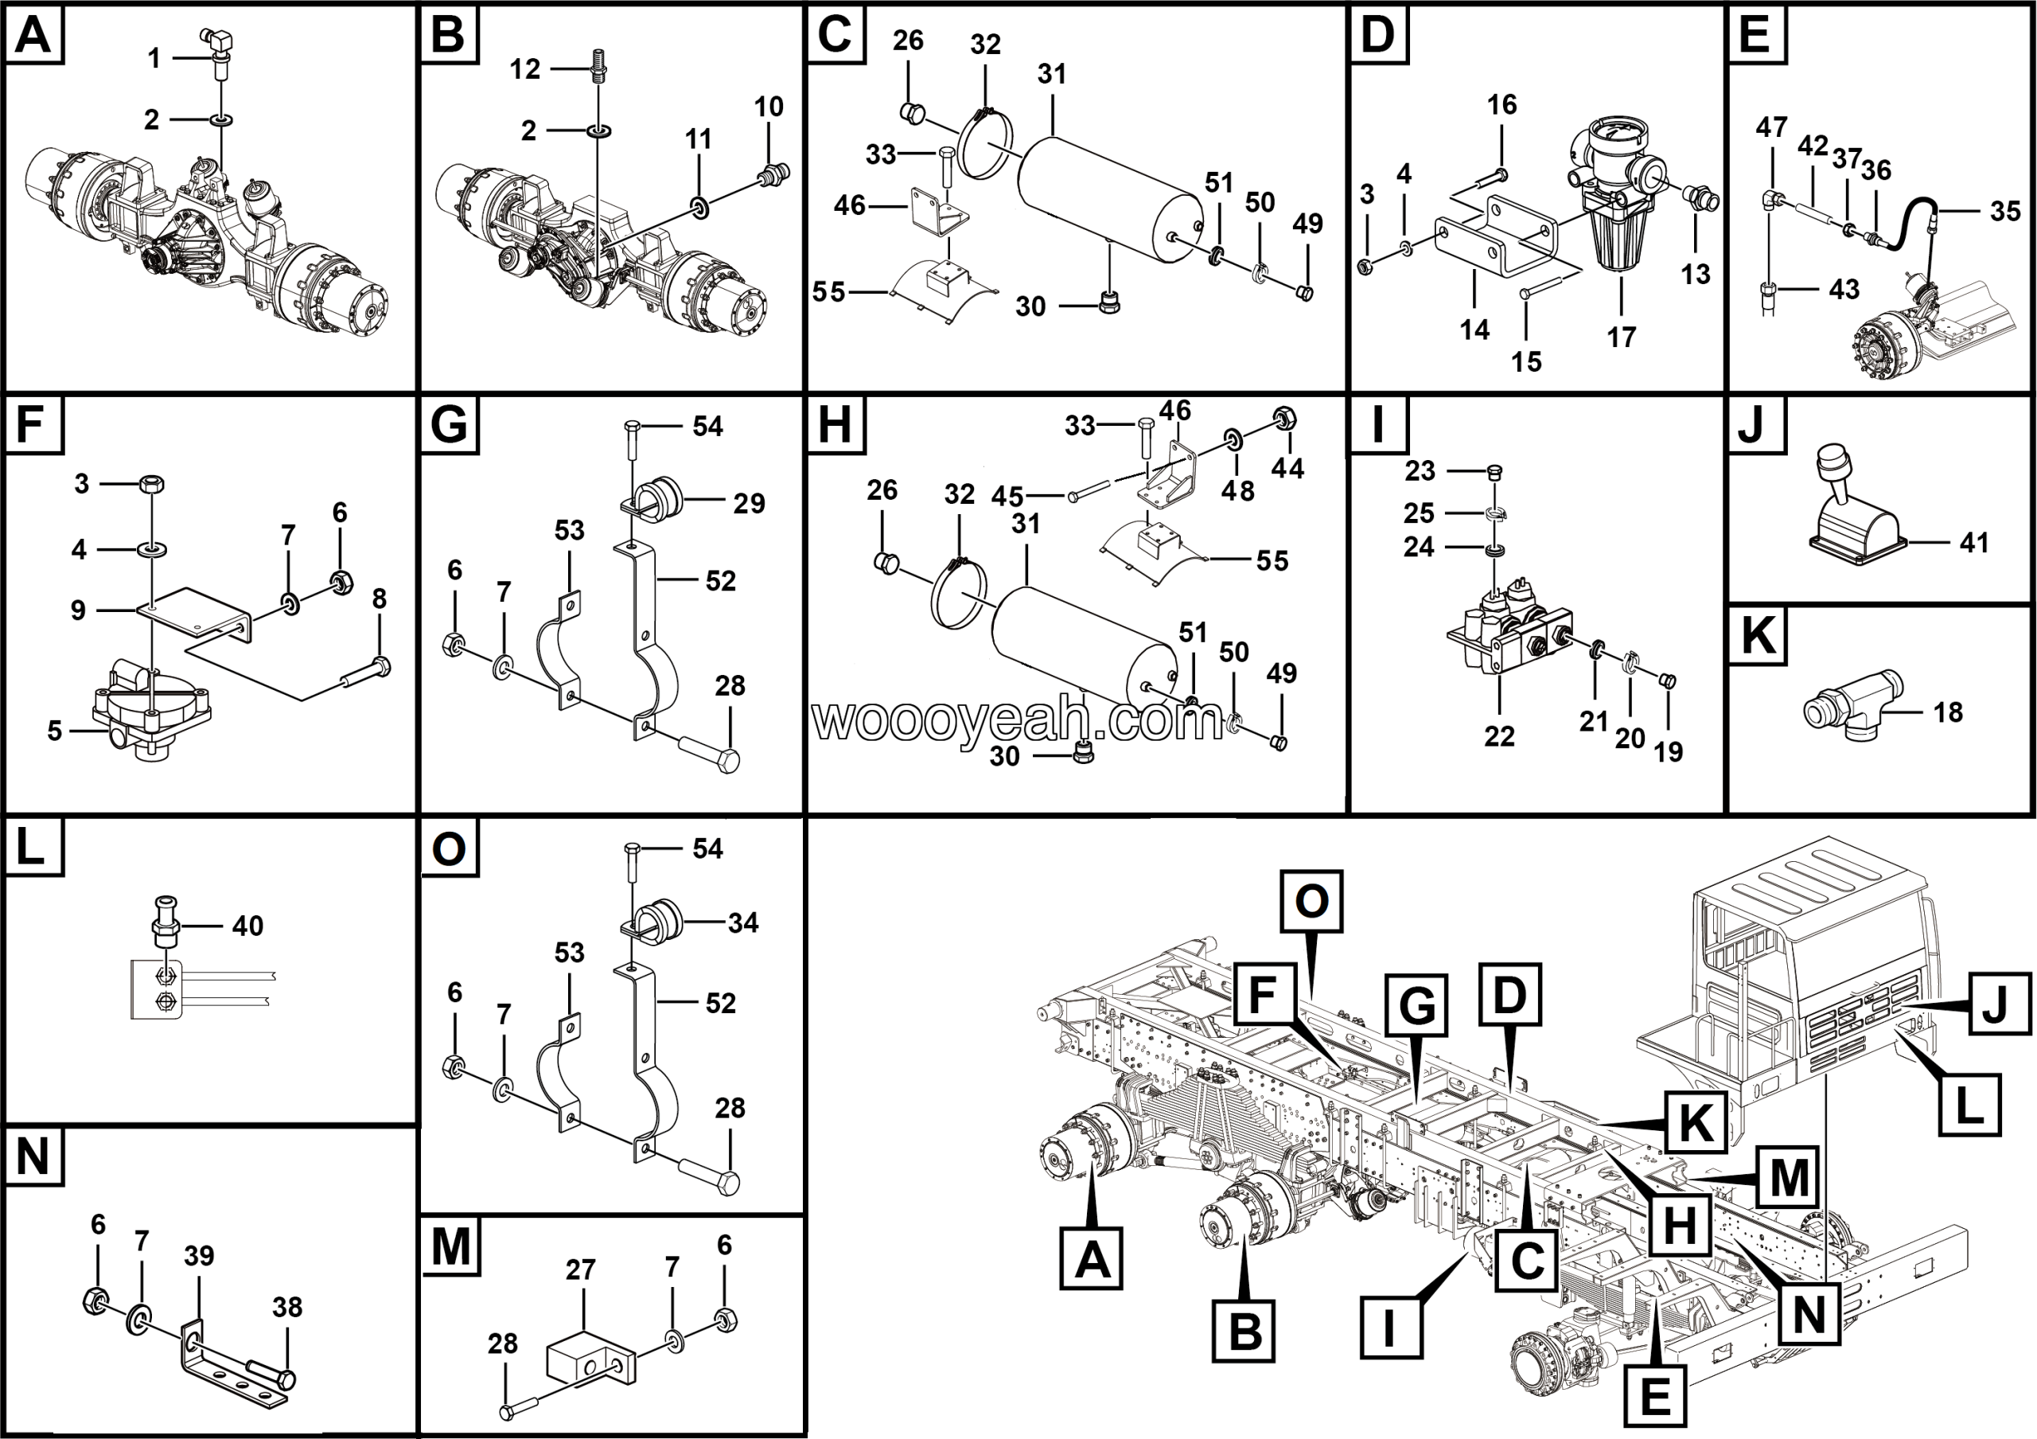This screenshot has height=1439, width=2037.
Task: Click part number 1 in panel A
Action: click(x=154, y=59)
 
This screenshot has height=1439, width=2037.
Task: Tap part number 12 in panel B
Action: click(x=524, y=68)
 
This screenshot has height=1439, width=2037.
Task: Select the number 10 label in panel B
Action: click(x=769, y=107)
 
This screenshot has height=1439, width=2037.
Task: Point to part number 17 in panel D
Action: click(x=1621, y=337)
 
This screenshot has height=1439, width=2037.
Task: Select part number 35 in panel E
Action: click(x=2005, y=211)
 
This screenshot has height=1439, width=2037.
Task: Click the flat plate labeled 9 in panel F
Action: click(x=191, y=612)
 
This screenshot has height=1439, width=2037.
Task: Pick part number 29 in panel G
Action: click(x=749, y=503)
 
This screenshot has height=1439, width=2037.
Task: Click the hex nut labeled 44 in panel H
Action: click(x=1281, y=417)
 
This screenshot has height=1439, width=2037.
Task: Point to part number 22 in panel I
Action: click(x=1499, y=736)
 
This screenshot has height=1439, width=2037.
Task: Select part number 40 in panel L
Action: click(x=247, y=926)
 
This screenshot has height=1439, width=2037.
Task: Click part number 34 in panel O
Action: click(x=742, y=922)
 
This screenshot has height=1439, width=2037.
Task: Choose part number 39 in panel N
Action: click(x=199, y=1255)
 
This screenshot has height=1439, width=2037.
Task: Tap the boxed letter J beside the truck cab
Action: click(x=2000, y=1004)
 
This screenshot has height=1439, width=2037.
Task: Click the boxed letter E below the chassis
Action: click(x=1656, y=1396)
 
